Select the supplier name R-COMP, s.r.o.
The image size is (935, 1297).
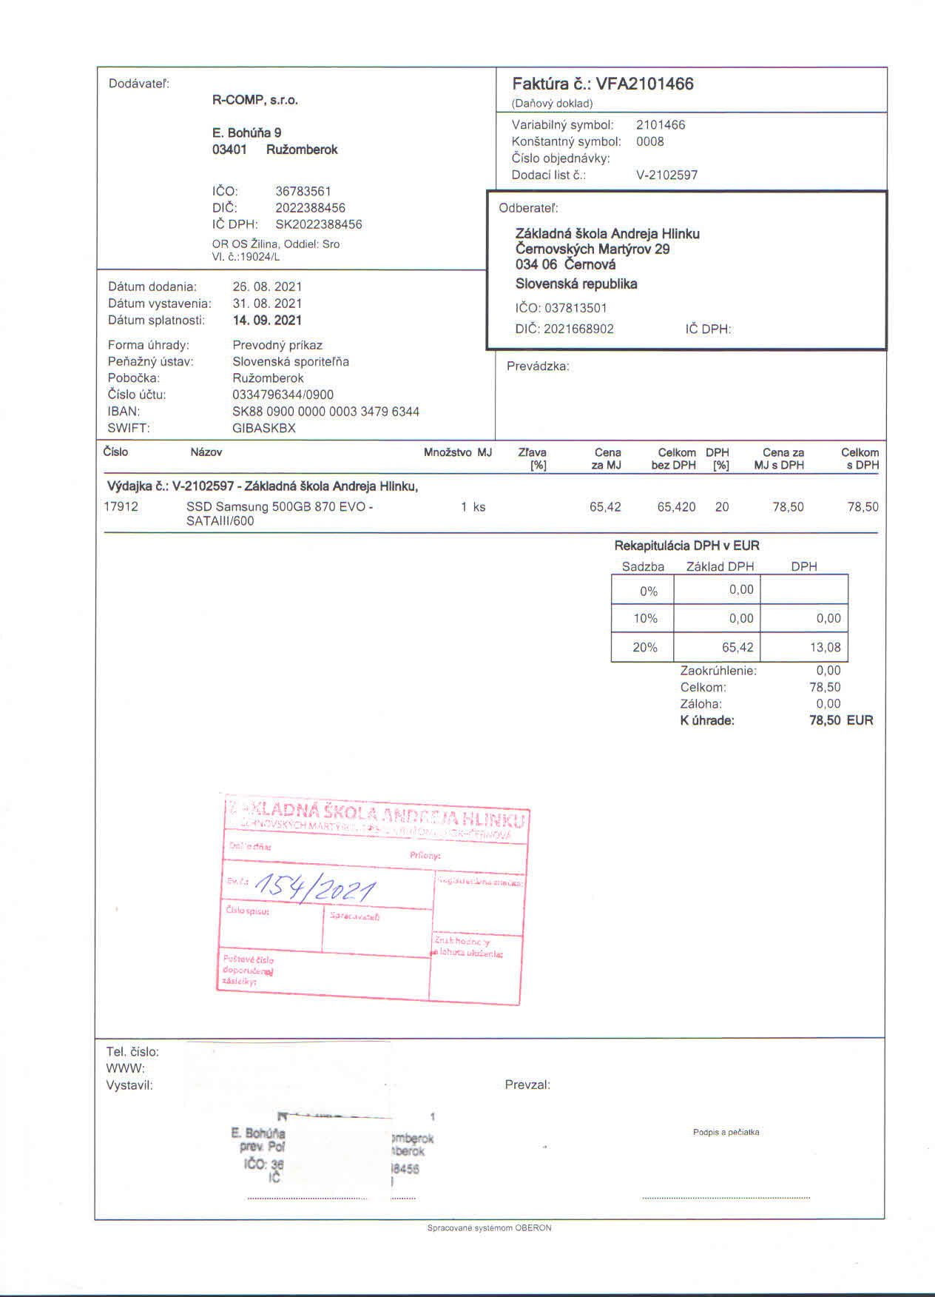click(255, 100)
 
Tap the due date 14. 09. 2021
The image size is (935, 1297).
click(267, 321)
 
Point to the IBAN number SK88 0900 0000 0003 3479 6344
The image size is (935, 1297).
click(325, 412)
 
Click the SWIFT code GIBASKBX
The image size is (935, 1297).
click(263, 428)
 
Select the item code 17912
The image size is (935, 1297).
click(121, 507)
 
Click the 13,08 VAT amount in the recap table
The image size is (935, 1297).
click(825, 647)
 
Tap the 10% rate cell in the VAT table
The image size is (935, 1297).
click(645, 618)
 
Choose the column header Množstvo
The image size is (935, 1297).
click(448, 452)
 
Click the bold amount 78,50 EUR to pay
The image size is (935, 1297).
click(841, 720)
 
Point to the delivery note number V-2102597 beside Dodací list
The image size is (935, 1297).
click(666, 175)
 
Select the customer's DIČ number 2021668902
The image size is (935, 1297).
click(578, 329)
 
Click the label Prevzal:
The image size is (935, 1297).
click(527, 1085)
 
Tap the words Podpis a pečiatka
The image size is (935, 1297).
click(726, 1132)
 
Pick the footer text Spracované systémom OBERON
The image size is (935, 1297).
click(489, 1228)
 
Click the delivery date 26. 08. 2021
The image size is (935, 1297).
click(267, 286)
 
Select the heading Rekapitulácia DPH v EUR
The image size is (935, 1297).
click(686, 546)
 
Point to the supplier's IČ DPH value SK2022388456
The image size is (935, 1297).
click(319, 224)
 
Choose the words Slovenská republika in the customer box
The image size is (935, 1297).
click(576, 284)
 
